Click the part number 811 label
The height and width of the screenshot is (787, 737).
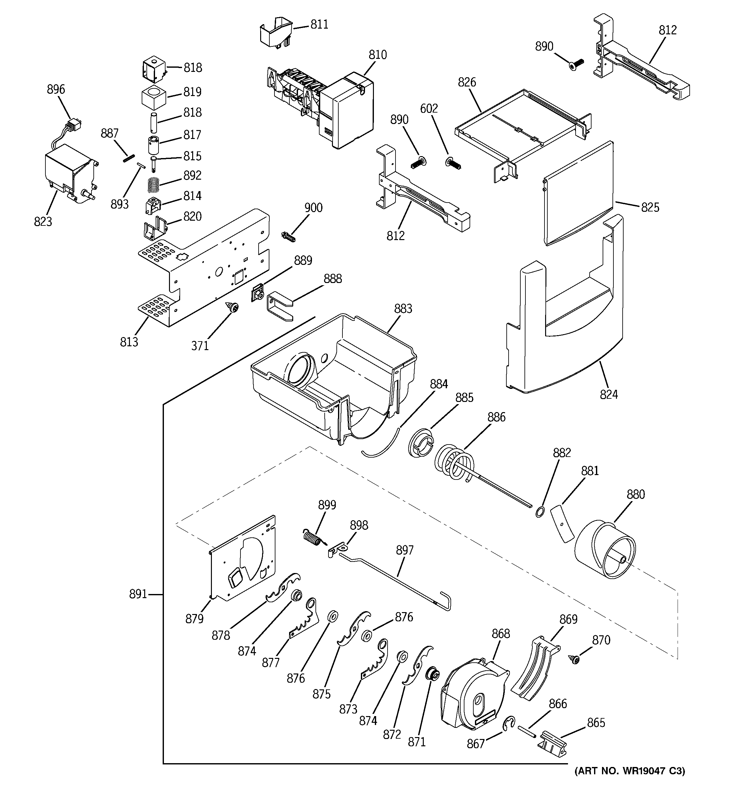point(319,24)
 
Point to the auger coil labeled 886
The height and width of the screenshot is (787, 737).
point(455,463)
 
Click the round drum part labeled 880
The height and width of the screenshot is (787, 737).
point(605,550)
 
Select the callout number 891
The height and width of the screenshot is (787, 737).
point(138,594)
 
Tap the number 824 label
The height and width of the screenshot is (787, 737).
point(608,394)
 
